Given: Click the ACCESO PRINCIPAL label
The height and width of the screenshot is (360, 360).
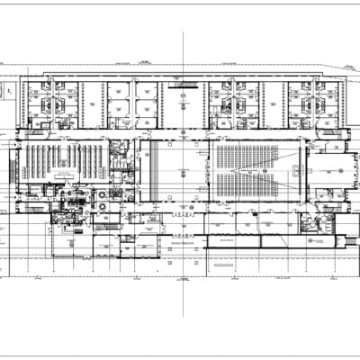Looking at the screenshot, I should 183,243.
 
